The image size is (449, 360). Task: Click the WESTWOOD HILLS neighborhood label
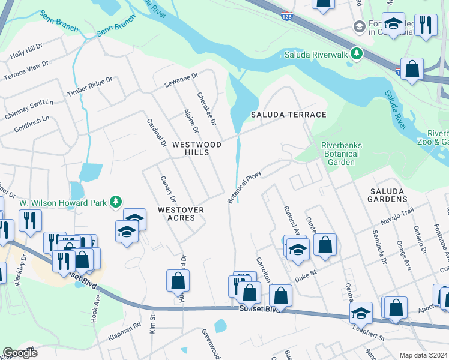190,148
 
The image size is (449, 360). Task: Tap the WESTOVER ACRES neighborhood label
181,214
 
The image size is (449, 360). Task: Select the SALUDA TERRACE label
288,115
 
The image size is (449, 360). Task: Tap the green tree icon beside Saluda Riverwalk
357,54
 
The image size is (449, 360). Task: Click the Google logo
20,353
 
